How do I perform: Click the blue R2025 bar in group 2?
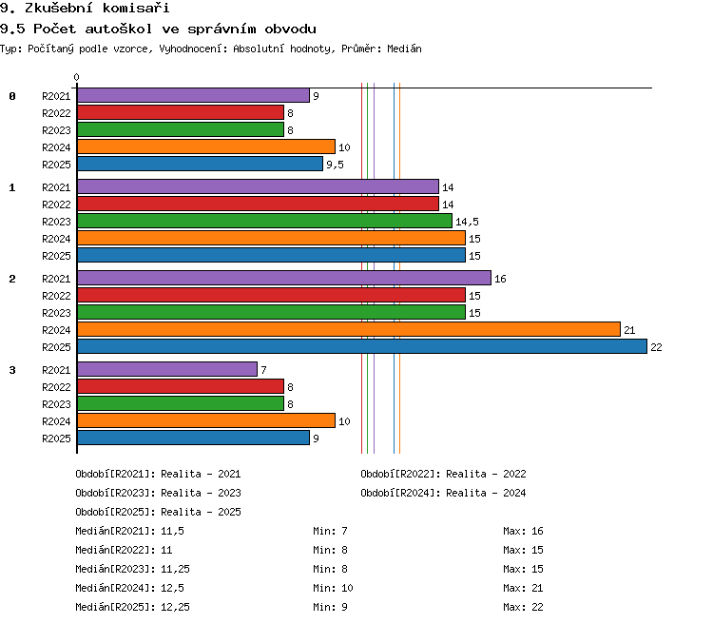tap(362, 346)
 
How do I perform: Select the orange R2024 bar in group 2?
tap(349, 329)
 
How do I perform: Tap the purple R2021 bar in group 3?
tap(167, 369)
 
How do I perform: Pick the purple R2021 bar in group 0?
tap(193, 95)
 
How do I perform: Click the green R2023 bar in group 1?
tap(264, 221)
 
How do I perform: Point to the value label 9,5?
tap(336, 165)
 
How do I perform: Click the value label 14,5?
tap(467, 222)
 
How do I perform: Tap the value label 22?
tap(656, 347)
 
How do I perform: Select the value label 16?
tap(500, 279)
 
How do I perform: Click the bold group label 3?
tap(12, 370)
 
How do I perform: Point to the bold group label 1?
tap(12, 187)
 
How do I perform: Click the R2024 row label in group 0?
tap(56, 147)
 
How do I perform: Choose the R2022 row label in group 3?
tap(56, 387)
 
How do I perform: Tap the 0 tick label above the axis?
tap(76, 77)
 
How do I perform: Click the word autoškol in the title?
tap(118, 29)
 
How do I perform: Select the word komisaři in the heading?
tap(136, 8)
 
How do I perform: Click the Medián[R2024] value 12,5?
tap(172, 588)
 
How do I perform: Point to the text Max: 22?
tap(523, 607)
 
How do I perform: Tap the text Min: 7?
tap(330, 531)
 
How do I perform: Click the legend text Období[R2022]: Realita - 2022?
tap(443, 475)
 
